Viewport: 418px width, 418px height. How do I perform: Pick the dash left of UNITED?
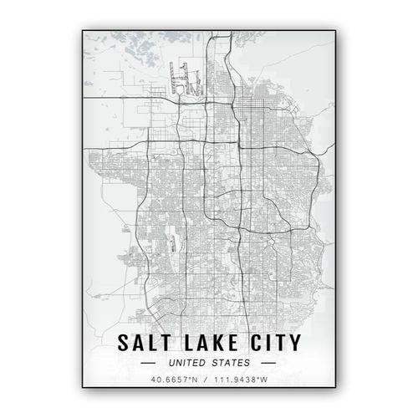click(x=148, y=364)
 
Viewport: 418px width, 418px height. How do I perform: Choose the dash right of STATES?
click(x=268, y=364)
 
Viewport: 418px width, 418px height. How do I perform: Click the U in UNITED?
click(x=171, y=364)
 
